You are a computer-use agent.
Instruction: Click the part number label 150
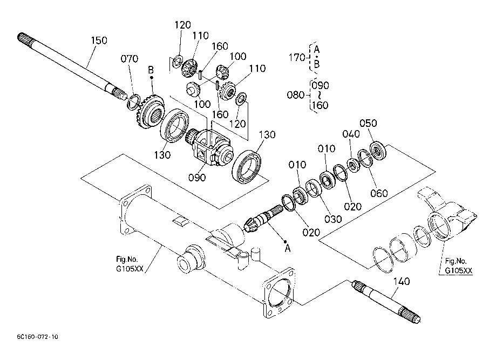pos(99,40)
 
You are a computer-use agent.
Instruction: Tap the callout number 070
pos(130,58)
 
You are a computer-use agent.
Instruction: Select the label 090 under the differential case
pos(197,178)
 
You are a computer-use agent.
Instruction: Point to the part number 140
pos(402,281)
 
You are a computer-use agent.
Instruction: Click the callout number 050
pos(368,123)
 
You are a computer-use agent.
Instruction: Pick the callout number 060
pos(379,193)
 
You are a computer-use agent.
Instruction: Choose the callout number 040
pos(351,134)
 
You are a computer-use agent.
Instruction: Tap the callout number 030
pos(333,219)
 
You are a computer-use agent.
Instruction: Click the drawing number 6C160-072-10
pos(38,337)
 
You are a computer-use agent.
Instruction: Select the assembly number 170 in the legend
pos(297,57)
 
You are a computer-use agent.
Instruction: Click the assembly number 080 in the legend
pos(295,94)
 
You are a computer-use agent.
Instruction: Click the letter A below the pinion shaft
pos(287,248)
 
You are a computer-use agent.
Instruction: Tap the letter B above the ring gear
pos(151,69)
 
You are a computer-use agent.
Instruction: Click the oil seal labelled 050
pos(378,150)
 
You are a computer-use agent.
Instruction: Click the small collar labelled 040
pos(354,165)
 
